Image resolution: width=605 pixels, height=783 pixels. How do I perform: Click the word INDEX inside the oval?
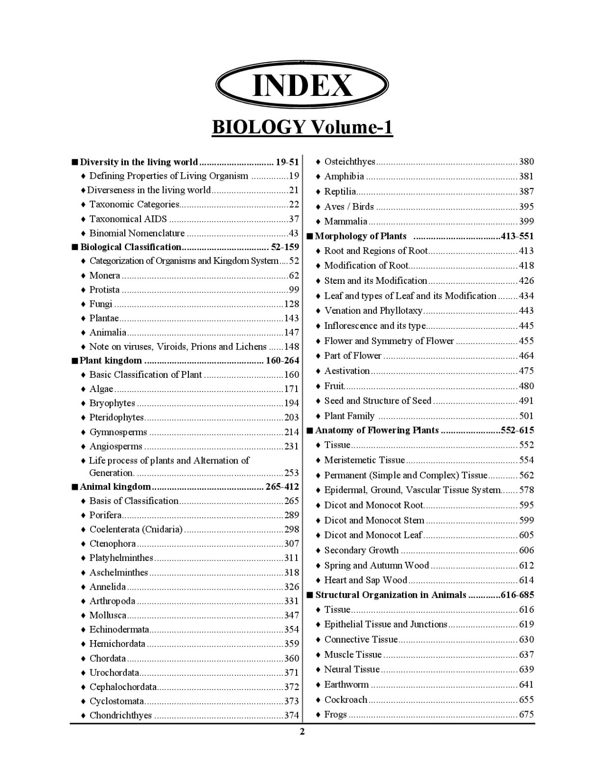(x=302, y=86)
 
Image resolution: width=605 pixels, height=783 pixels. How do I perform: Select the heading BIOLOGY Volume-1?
(x=302, y=127)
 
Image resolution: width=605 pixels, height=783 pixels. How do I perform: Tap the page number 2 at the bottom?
(x=302, y=732)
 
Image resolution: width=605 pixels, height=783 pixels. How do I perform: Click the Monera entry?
(x=104, y=276)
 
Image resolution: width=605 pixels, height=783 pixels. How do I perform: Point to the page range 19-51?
(x=287, y=162)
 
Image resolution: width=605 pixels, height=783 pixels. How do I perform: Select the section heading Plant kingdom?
(x=111, y=361)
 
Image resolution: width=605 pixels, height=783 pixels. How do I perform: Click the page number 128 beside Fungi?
(x=291, y=304)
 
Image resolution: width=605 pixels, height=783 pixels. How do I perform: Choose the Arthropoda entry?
(x=112, y=601)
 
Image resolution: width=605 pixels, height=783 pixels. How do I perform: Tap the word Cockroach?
(x=346, y=699)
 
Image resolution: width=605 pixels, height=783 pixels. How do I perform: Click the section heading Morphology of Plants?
(x=361, y=236)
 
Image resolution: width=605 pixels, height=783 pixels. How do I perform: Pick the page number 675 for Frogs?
(x=526, y=714)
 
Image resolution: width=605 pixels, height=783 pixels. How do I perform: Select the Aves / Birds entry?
(x=349, y=207)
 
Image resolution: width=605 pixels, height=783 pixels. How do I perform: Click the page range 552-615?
(x=517, y=430)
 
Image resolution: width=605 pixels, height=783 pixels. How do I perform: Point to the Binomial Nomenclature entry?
(x=137, y=233)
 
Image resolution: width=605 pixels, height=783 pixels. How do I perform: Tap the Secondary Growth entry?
(x=361, y=550)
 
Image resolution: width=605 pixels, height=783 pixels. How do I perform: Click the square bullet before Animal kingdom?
(x=74, y=487)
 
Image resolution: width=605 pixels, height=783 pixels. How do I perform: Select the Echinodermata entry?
(x=119, y=629)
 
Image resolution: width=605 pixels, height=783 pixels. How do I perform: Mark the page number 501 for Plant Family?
(x=526, y=416)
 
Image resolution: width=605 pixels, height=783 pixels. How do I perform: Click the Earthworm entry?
(x=347, y=684)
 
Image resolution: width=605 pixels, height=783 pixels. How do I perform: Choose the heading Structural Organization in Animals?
(x=391, y=595)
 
